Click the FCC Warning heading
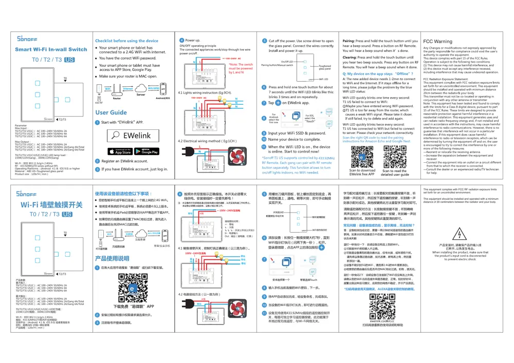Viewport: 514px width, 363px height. (x=437, y=42)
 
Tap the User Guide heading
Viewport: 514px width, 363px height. (x=111, y=112)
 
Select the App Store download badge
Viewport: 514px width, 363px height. (x=120, y=151)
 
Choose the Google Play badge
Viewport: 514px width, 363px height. (x=147, y=151)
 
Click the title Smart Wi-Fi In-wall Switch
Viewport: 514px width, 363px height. (x=51, y=49)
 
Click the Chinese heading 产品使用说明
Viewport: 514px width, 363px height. (x=112, y=259)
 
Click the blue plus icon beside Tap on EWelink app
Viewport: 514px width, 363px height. (x=278, y=103)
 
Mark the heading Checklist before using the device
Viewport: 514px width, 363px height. (x=126, y=41)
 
